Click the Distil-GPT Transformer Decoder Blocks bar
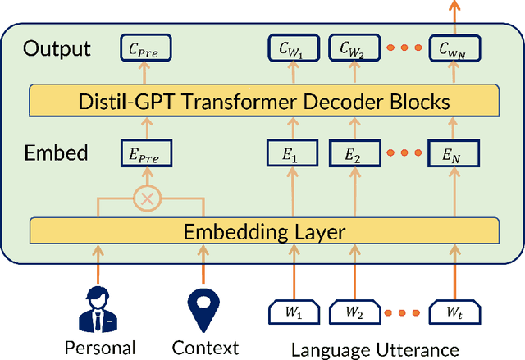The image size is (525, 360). pos(263,101)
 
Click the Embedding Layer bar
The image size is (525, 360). pos(263,230)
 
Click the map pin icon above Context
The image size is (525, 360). pos(205,305)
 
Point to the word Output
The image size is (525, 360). pos(57,48)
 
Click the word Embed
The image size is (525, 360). pos(55,153)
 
